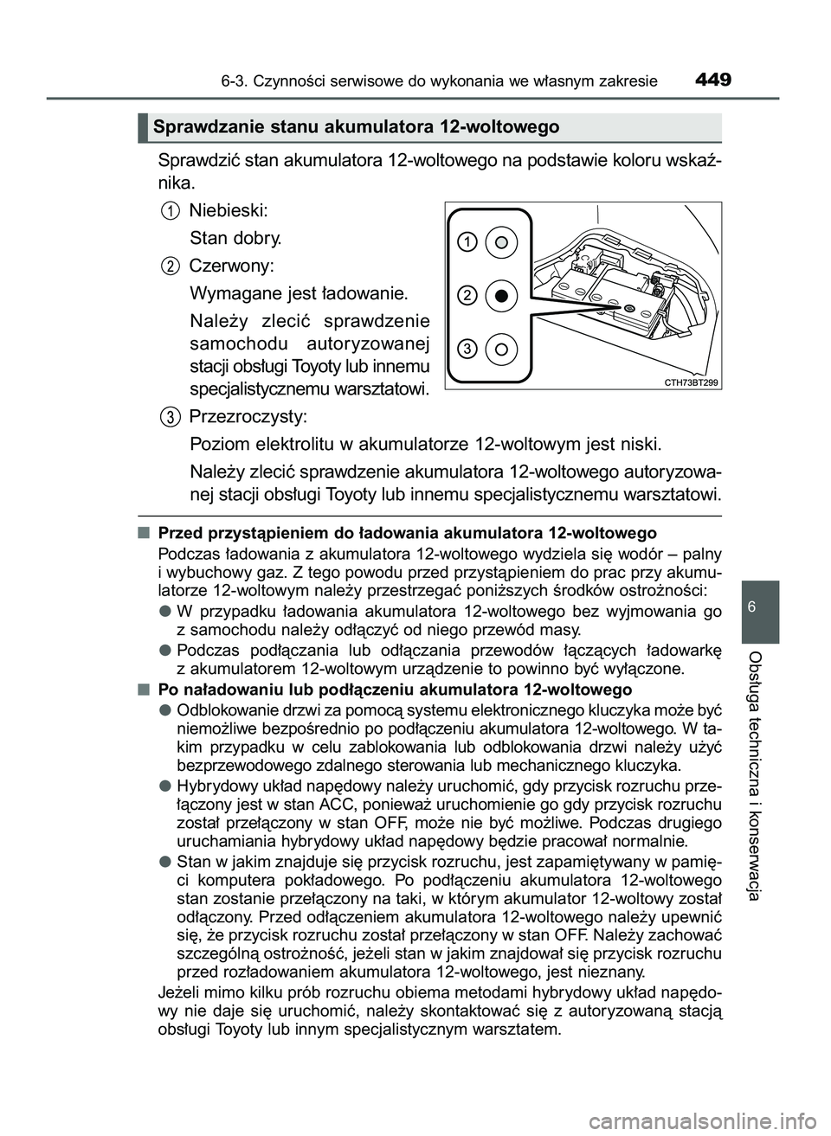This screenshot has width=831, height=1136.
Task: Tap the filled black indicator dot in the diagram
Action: point(500,295)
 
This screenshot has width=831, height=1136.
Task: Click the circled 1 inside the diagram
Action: point(467,241)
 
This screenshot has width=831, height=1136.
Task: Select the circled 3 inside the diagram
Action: point(467,349)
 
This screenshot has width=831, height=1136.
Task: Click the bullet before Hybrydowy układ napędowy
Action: point(164,786)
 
